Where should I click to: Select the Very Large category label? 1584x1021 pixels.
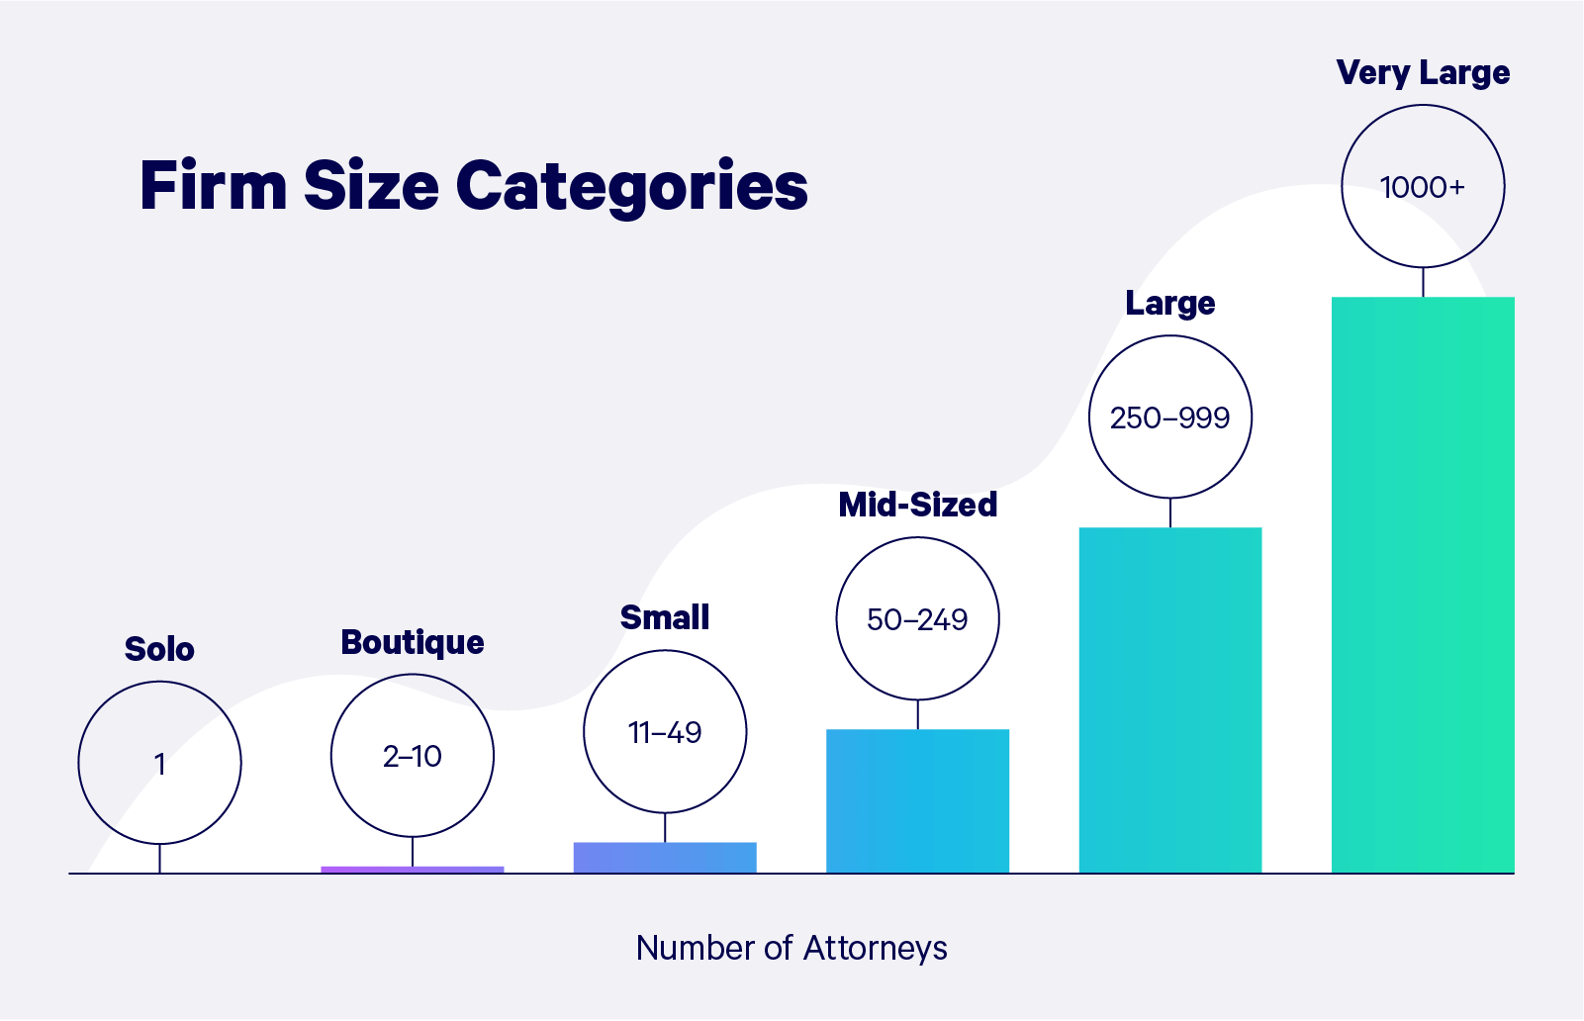coord(1423,73)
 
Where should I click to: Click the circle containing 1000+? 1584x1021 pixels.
coord(1423,187)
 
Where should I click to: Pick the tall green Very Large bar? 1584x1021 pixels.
coord(1423,584)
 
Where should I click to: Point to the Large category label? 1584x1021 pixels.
coord(1169,304)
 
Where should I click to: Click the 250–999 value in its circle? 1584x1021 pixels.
coord(1169,418)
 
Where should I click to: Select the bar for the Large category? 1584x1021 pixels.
coord(1169,699)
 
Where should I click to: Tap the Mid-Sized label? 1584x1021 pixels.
coord(917,505)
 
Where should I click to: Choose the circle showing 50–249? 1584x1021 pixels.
coord(917,619)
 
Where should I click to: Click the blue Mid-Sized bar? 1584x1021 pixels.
coord(917,800)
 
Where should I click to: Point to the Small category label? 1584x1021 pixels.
coord(665,617)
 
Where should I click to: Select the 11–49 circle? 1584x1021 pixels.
coord(665,732)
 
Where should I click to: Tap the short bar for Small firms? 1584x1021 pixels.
coord(665,857)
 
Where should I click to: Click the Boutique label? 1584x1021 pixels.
coord(413,643)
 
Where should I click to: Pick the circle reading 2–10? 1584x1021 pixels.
coord(413,757)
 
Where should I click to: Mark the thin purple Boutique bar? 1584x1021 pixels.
coord(413,870)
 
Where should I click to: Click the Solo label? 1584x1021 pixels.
coord(159,650)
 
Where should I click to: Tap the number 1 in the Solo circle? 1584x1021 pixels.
coord(159,764)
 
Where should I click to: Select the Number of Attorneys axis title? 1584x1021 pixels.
coord(792,948)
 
